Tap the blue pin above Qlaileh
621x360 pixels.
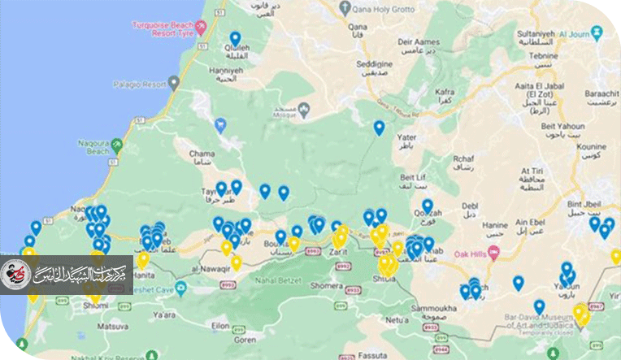coord(236,39)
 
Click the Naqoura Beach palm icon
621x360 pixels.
coord(117,146)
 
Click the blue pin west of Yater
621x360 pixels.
coord(379,128)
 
